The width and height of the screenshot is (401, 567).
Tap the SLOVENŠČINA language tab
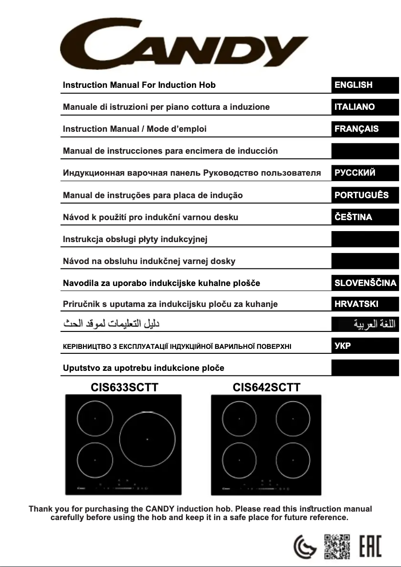pyautogui.click(x=365, y=283)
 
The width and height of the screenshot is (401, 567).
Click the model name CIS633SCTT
pyautogui.click(x=124, y=387)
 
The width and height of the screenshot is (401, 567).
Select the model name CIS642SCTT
pyautogui.click(x=266, y=387)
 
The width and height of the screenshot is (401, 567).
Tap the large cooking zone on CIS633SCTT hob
pyautogui.click(x=147, y=439)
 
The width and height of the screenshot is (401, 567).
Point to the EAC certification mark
pyautogui.click(x=370, y=546)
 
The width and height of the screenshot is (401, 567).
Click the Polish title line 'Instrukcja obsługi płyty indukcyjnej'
pyautogui.click(x=135, y=239)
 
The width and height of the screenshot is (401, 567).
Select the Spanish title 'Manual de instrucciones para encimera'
pyautogui.click(x=170, y=151)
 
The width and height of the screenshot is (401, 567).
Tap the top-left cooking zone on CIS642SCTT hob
pyautogui.click(x=239, y=418)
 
